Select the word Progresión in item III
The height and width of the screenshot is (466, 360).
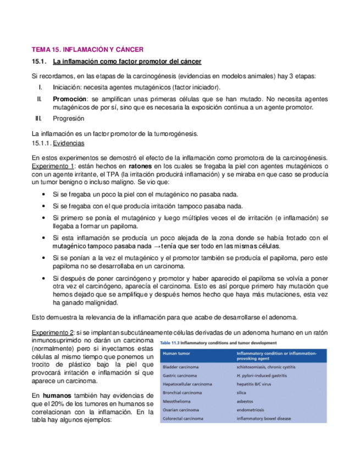coord(69,118)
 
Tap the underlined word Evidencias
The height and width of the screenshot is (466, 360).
coord(69,143)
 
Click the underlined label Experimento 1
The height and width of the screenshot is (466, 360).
coord(53,166)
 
